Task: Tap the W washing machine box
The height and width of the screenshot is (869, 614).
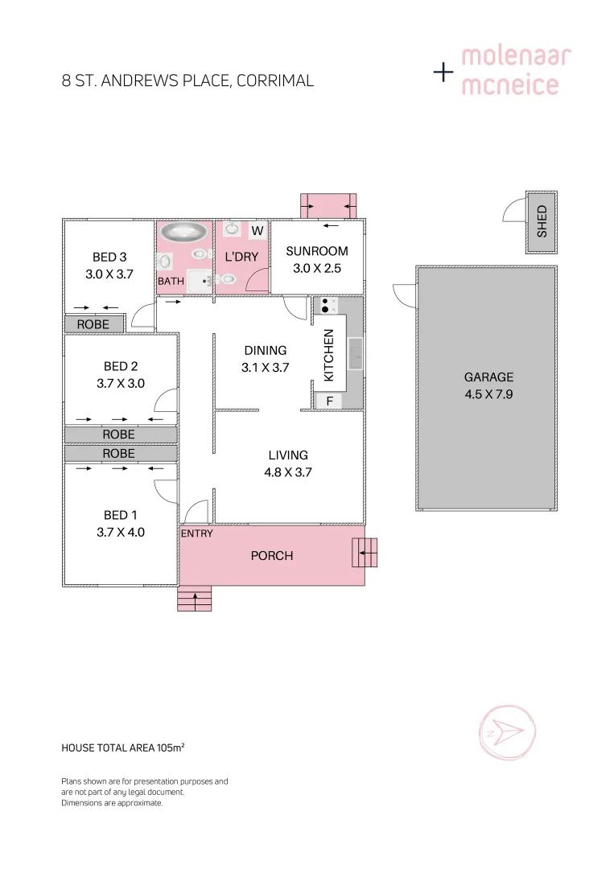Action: [x=258, y=231]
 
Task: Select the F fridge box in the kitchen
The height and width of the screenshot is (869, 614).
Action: [x=328, y=401]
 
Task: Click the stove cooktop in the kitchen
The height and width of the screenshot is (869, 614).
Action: [x=328, y=305]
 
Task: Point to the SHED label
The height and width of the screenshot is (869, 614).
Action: [x=542, y=221]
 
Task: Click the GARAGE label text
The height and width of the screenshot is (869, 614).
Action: [x=488, y=377]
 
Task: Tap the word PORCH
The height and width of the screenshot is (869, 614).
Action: [x=272, y=555]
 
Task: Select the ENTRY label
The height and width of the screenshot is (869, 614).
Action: [x=197, y=533]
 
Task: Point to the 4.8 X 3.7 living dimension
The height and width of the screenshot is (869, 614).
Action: [x=288, y=472]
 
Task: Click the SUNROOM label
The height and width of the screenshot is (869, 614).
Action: [x=317, y=251]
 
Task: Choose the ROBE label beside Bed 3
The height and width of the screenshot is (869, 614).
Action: [x=93, y=324]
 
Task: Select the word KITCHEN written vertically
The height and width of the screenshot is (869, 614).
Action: [x=328, y=355]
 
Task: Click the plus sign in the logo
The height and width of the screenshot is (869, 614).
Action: [x=443, y=72]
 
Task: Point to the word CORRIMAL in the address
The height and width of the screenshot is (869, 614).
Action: [x=275, y=80]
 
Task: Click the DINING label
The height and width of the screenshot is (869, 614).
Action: [x=266, y=350]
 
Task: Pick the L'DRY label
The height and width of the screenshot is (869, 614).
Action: [x=241, y=257]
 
